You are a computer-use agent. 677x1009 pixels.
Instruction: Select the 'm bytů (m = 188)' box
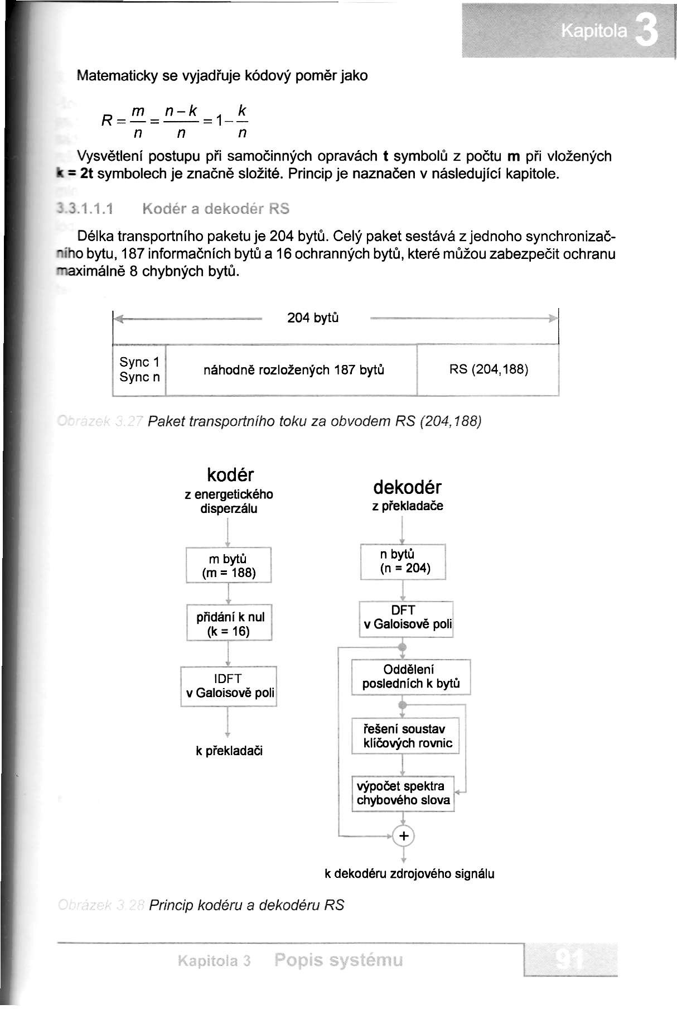229,566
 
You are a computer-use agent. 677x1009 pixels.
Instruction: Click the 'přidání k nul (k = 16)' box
229,623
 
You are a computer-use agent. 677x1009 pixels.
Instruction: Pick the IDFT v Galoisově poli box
229,686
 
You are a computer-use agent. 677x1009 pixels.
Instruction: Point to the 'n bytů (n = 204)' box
403,561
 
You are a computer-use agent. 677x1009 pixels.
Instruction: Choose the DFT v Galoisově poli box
406,618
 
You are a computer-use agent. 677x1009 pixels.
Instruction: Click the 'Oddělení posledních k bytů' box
410,676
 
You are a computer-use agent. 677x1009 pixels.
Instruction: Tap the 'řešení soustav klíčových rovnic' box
405,736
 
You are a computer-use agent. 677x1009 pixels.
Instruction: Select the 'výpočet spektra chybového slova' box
404,793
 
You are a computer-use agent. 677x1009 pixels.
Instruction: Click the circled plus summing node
404,835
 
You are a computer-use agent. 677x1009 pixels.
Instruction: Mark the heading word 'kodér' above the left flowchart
230,475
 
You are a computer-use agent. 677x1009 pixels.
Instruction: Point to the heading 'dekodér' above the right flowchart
407,487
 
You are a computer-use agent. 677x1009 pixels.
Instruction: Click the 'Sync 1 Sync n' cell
140,369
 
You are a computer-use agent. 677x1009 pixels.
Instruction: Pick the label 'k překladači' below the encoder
229,751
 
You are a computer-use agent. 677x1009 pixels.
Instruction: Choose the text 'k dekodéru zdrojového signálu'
409,874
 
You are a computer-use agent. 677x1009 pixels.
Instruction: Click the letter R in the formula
108,119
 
